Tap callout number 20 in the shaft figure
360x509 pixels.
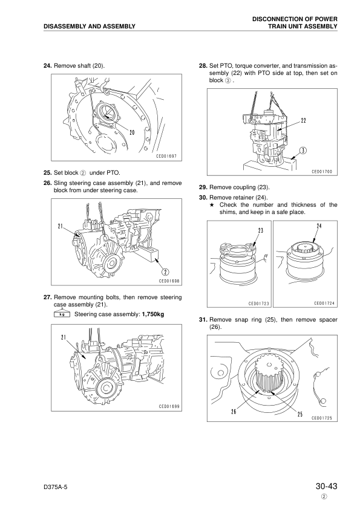point(132,132)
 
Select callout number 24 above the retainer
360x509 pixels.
point(318,225)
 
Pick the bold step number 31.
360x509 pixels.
point(203,319)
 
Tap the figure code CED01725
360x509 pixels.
point(324,417)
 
